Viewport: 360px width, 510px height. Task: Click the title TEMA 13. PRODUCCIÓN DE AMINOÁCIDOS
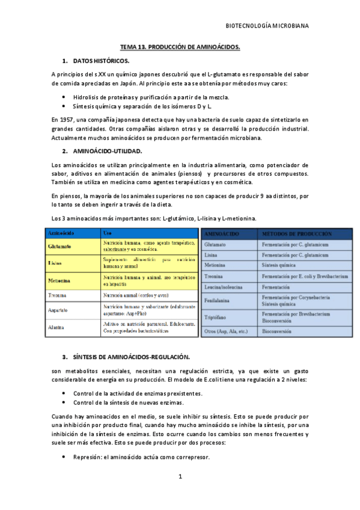pyautogui.click(x=180, y=46)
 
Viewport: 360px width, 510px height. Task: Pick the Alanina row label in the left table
pyautogui.click(x=57, y=327)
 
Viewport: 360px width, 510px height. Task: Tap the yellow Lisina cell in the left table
pyautogui.click(x=55, y=263)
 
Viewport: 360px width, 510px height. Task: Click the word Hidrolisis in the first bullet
pyautogui.click(x=88, y=96)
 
